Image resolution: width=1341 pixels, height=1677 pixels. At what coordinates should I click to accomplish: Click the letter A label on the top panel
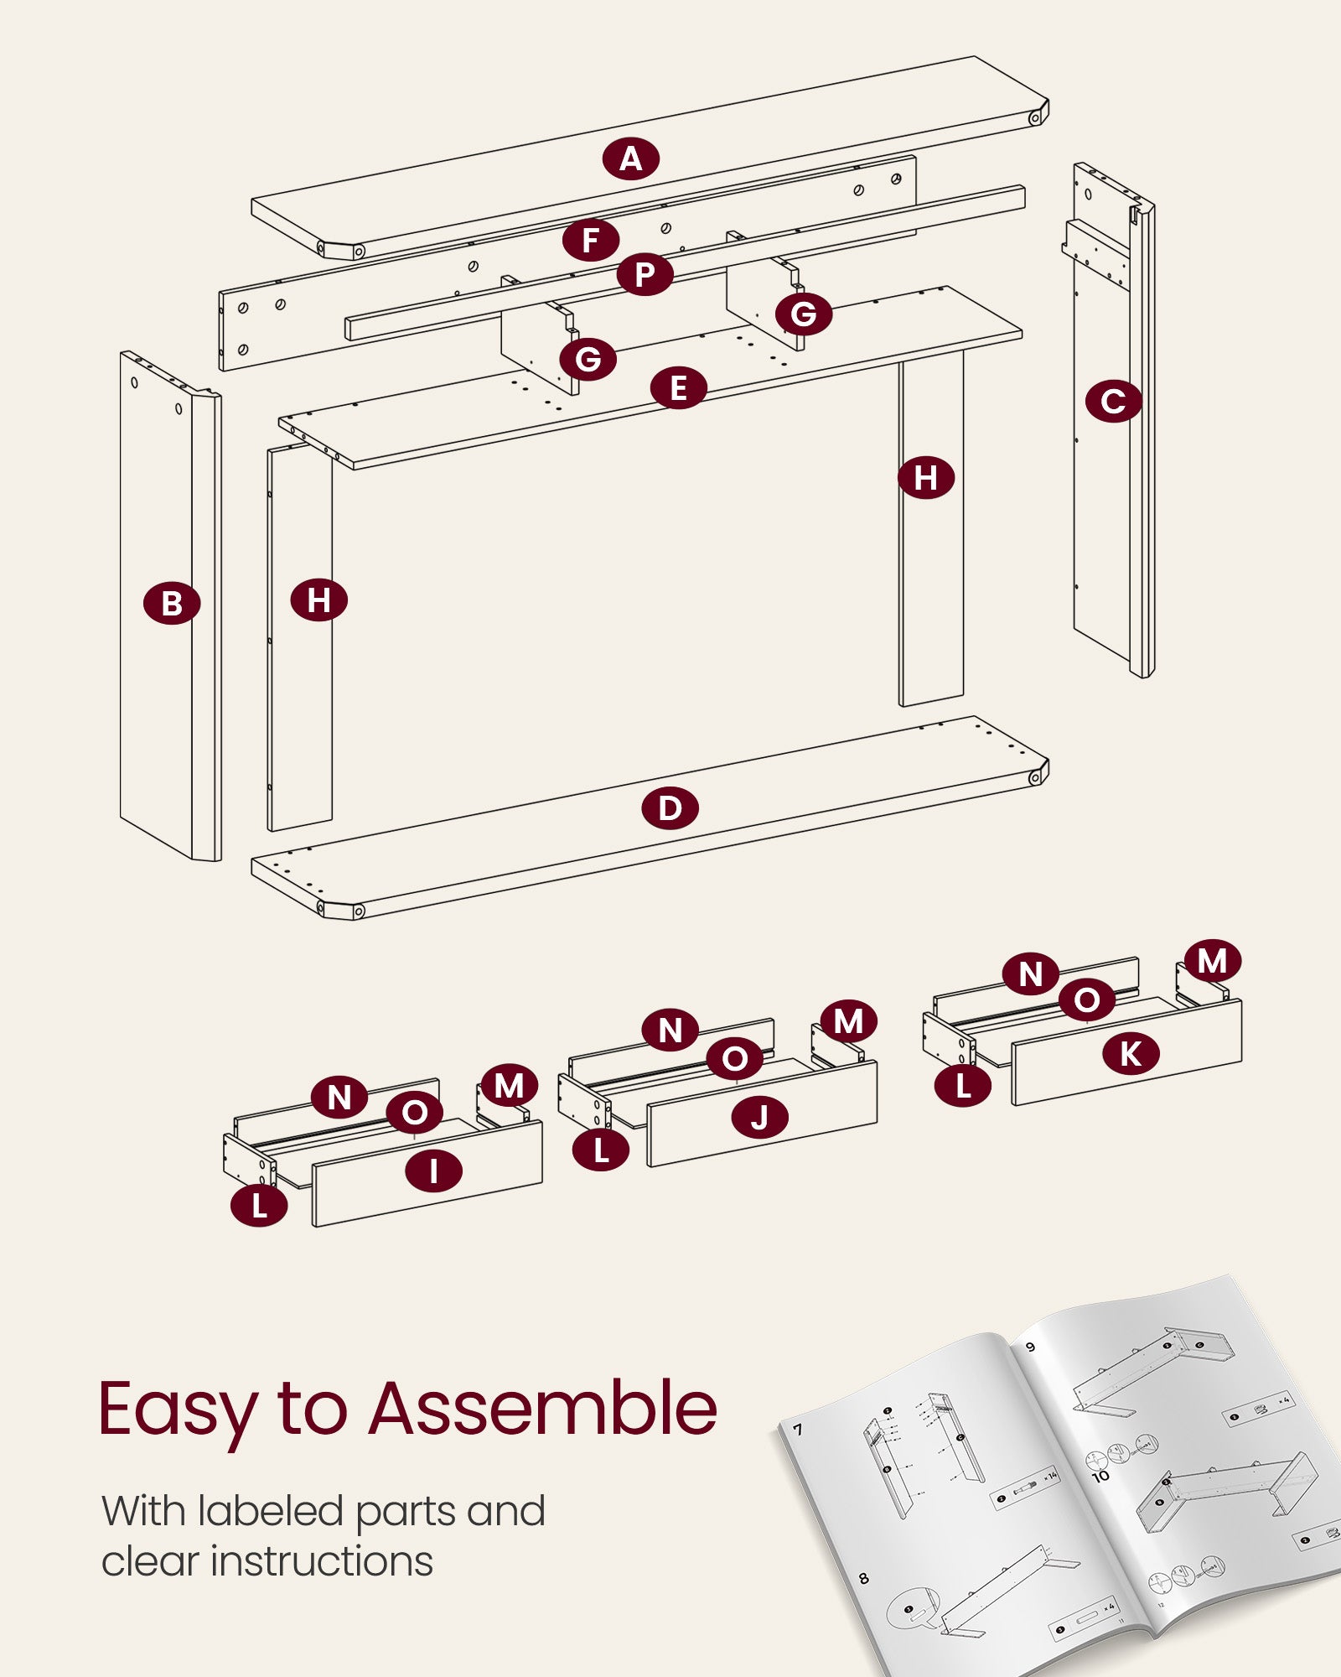click(x=630, y=158)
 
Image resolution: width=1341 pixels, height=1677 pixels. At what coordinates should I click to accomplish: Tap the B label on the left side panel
click(x=172, y=604)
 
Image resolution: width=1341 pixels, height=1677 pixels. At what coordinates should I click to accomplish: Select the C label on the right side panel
click(x=1113, y=401)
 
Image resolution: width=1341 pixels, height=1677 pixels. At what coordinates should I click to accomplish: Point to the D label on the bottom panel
click(x=670, y=809)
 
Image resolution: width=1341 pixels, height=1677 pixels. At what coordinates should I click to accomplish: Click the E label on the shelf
click(x=678, y=388)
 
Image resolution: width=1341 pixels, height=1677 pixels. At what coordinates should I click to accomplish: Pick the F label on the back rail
click(x=591, y=241)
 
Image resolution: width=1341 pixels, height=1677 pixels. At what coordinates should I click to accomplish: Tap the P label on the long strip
click(x=645, y=274)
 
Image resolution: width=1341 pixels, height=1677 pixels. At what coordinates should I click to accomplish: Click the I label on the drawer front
click(x=433, y=1171)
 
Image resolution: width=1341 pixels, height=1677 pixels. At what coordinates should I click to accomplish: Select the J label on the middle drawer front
click(x=760, y=1118)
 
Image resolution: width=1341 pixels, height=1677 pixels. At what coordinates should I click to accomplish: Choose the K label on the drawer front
click(x=1131, y=1054)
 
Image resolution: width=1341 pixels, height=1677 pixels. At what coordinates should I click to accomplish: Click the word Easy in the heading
click(x=177, y=1411)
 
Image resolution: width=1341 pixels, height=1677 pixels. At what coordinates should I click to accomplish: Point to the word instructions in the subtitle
click(x=322, y=1561)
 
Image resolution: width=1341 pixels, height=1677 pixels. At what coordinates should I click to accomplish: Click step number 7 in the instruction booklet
click(x=798, y=1430)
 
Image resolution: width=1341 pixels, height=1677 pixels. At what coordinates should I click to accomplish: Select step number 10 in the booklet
click(x=1100, y=1476)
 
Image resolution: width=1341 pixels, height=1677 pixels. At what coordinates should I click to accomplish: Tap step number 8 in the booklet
click(x=864, y=1579)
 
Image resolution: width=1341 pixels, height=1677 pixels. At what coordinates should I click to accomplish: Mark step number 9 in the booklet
click(x=1031, y=1347)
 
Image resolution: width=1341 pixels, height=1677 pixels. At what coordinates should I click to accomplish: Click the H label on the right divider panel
click(x=925, y=478)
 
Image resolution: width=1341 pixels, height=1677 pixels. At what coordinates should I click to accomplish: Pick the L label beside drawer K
click(x=963, y=1087)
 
